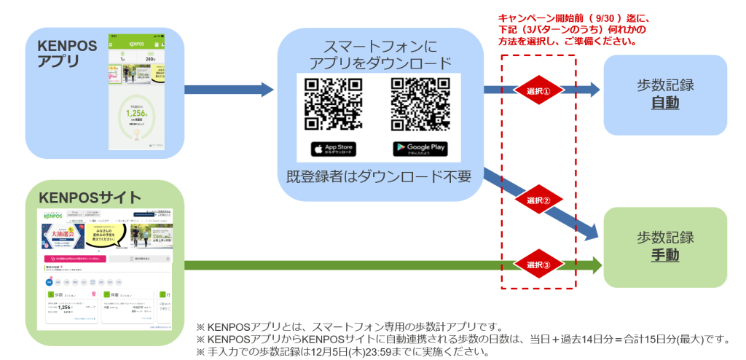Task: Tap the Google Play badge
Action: pos(420,149)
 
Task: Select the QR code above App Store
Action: pos(333,103)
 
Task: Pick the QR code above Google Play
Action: pos(420,103)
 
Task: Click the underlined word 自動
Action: pos(664,103)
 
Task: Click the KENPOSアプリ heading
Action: pos(67,53)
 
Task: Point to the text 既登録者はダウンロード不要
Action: pos(379,176)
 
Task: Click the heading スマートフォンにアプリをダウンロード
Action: pos(380,55)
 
